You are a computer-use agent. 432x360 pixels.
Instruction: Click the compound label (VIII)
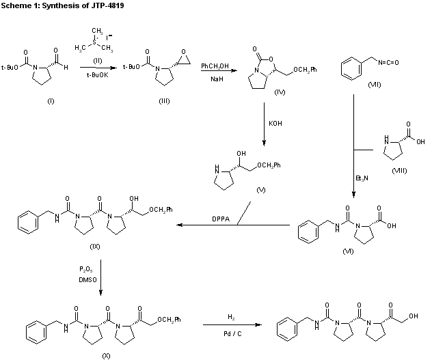(397, 170)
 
